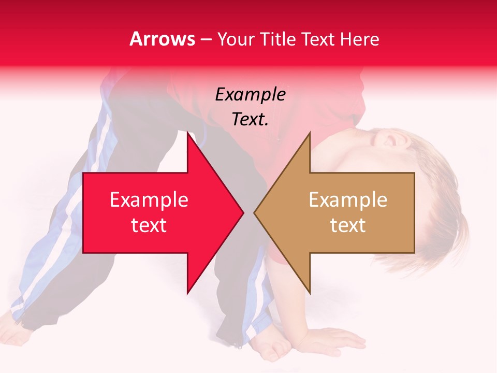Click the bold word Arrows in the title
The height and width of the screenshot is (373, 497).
(163, 39)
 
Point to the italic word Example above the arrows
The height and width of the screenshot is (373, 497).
(250, 95)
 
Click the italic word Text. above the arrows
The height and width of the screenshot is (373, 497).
(250, 120)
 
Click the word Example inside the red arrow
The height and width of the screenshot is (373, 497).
(149, 200)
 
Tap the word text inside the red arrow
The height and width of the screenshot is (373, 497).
(149, 225)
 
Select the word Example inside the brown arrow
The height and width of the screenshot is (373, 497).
(348, 200)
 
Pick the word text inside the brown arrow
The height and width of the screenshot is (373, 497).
(348, 225)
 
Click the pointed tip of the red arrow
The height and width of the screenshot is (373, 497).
(243, 212)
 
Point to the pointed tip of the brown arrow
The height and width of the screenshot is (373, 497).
(254, 212)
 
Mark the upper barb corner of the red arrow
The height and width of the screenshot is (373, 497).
(187, 132)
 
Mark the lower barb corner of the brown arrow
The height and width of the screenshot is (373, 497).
(310, 293)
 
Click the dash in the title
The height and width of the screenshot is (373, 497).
(207, 39)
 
